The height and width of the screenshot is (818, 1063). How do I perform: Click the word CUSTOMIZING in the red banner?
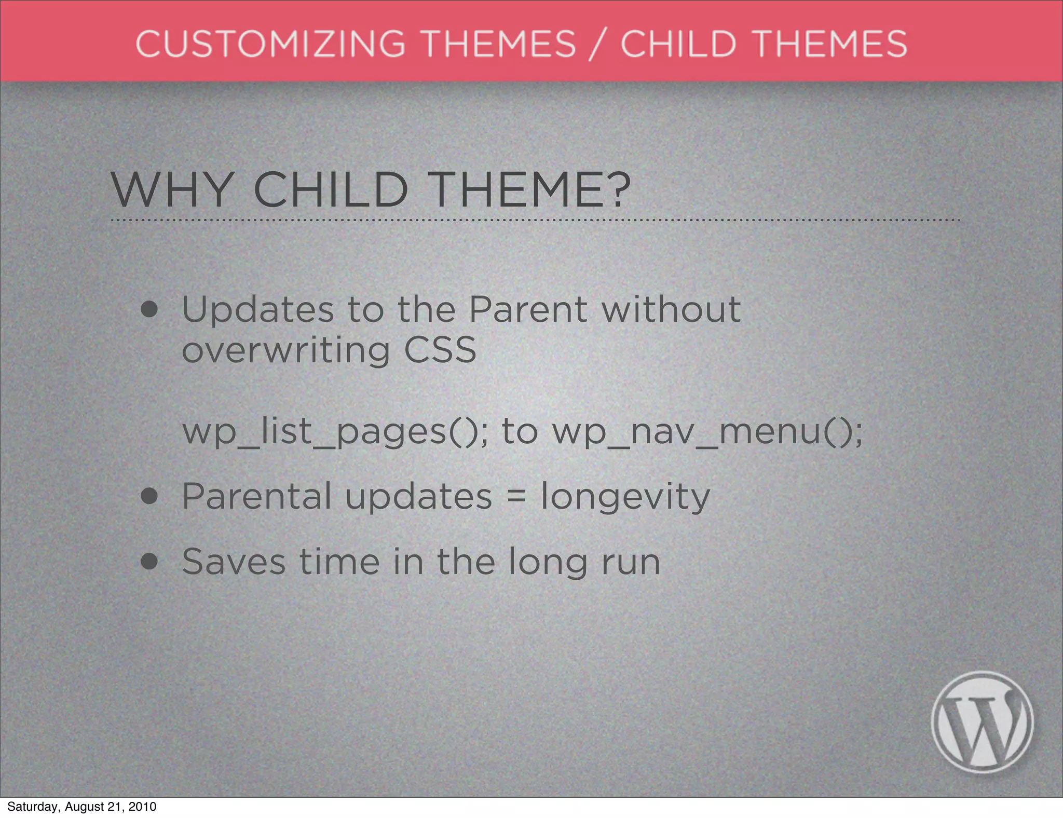point(270,44)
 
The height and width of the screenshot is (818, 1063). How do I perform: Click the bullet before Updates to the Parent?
point(149,310)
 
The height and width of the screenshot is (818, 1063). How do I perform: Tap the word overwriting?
point(285,350)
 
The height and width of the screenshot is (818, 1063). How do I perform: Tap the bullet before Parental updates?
point(149,496)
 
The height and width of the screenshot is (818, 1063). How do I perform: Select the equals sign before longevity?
point(516,497)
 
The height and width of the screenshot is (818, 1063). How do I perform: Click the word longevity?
point(625,497)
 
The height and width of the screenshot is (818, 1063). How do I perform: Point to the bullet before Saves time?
point(149,562)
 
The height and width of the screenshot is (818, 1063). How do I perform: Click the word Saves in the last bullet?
point(234,562)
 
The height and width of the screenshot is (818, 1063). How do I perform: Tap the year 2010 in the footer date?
point(142,807)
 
